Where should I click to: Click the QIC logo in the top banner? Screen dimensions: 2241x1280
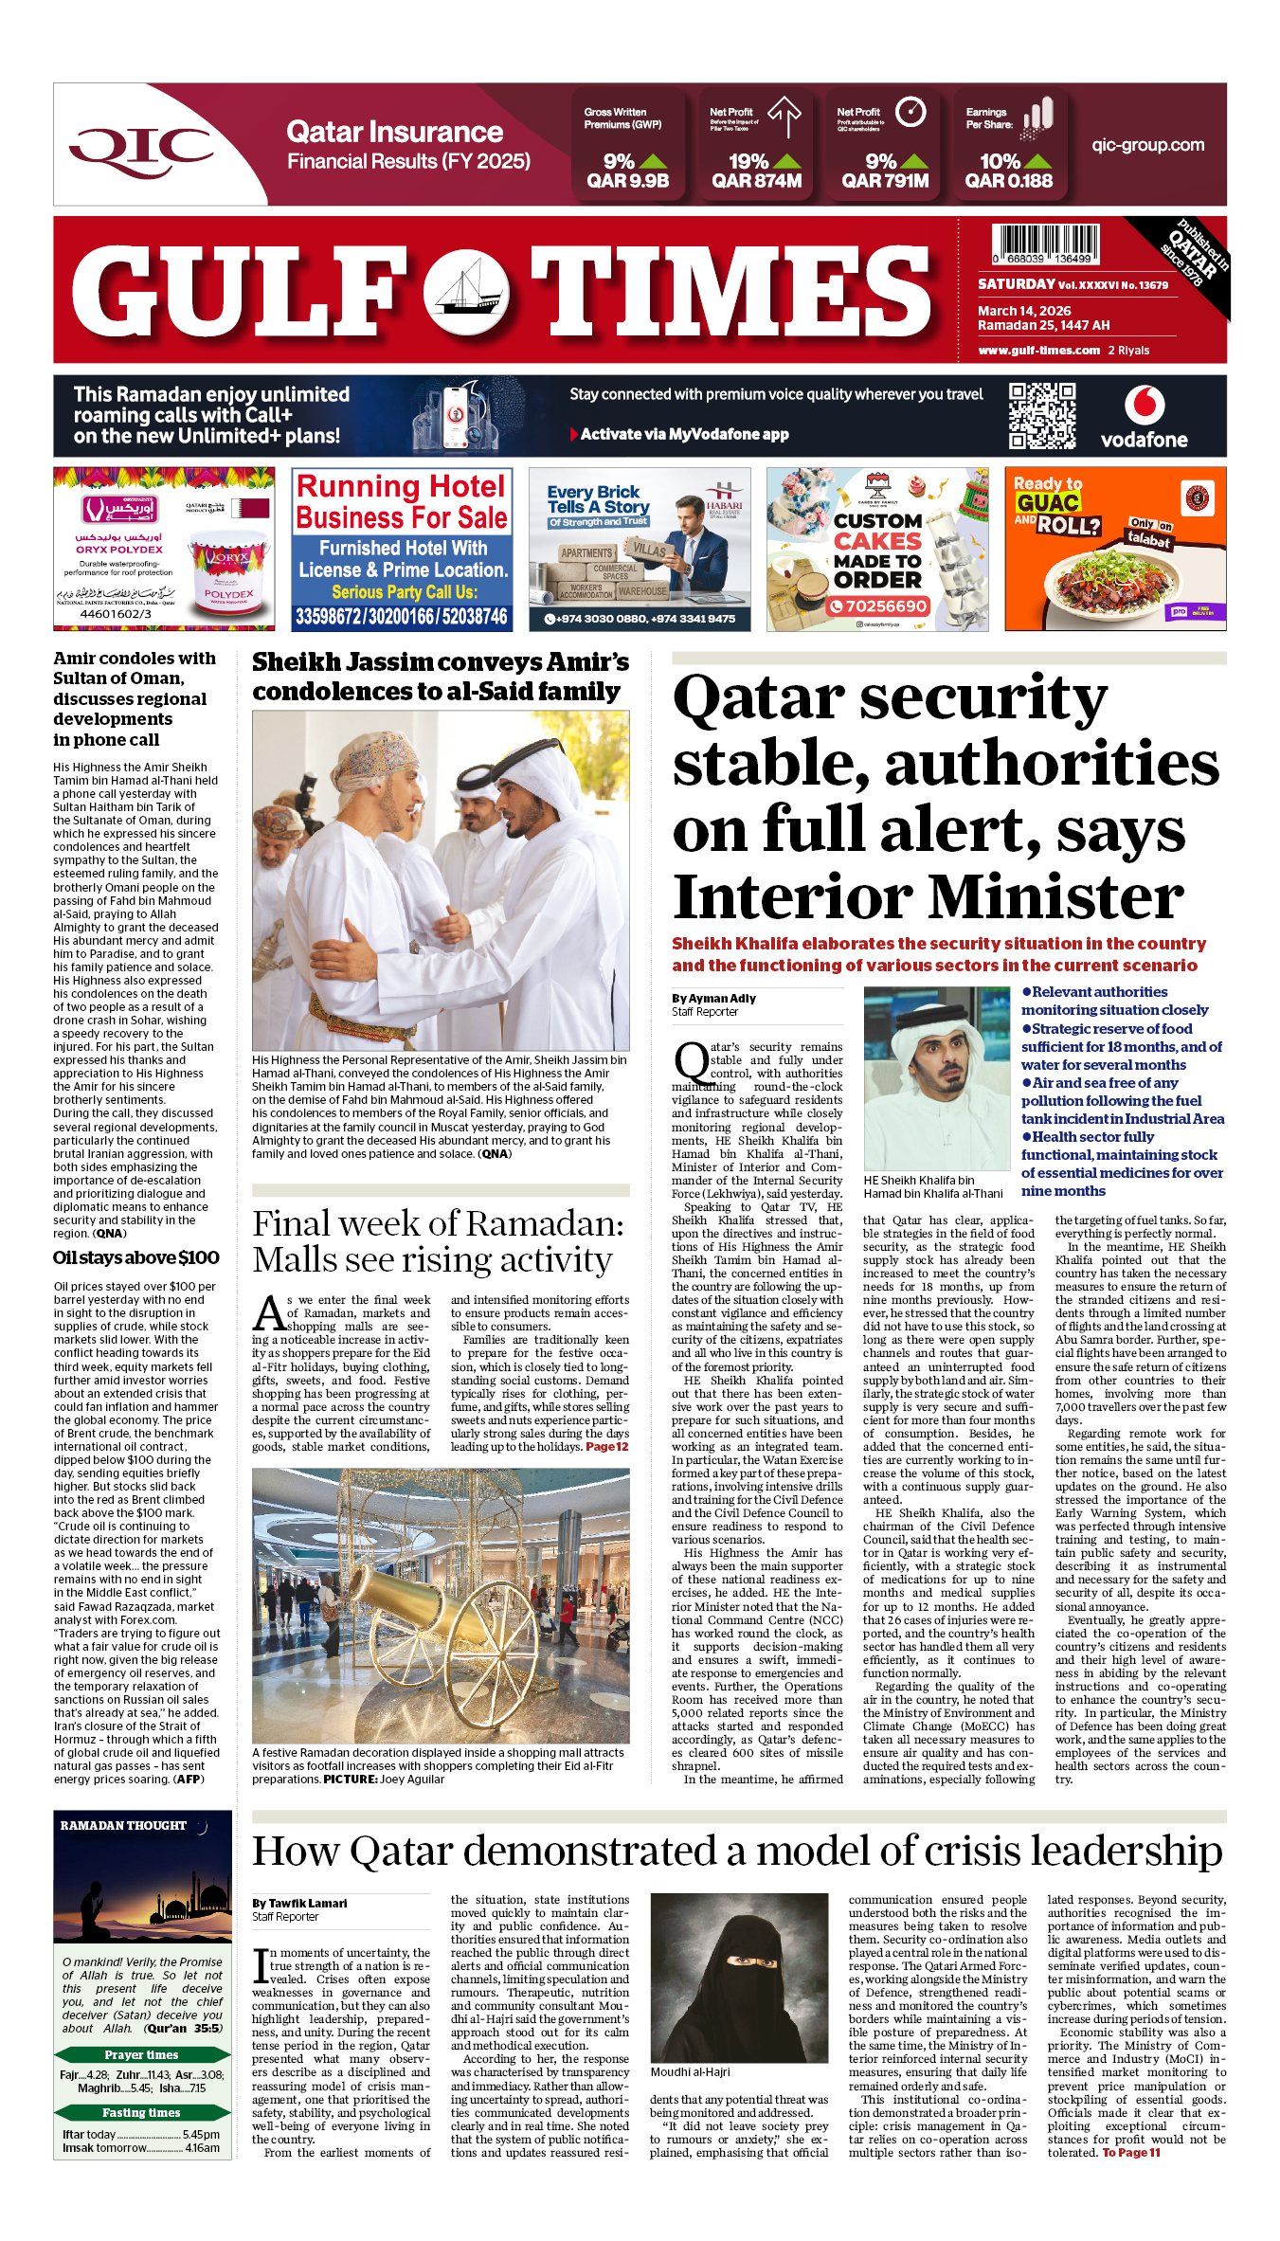tap(142, 147)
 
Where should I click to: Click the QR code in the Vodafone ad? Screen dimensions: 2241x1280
tap(1041, 415)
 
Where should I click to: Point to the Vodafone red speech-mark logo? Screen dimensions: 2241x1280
tap(1144, 405)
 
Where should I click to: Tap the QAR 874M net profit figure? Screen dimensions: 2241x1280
tap(756, 180)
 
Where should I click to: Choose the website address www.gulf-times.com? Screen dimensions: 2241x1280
tap(1038, 351)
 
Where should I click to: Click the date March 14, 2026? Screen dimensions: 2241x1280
tap(1024, 311)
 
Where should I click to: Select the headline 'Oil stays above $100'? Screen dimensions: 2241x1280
tap(136, 1257)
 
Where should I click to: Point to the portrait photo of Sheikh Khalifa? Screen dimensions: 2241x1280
tap(936, 1078)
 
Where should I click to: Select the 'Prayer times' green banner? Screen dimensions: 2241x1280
tap(142, 2055)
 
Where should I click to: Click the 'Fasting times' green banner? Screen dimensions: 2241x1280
tap(142, 2113)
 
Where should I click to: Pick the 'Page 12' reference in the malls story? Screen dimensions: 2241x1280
tap(606, 1447)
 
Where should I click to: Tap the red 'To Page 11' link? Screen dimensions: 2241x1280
tap(1130, 2153)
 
